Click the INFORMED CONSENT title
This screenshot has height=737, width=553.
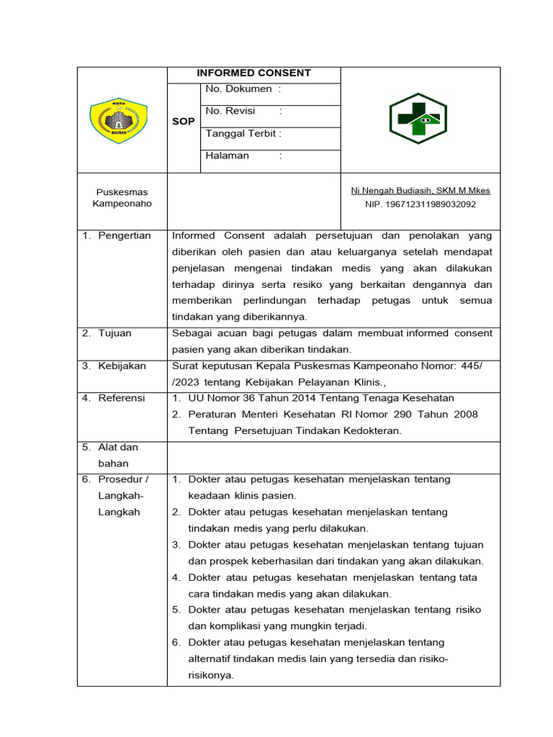click(x=254, y=73)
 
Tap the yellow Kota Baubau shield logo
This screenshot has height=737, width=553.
click(x=119, y=121)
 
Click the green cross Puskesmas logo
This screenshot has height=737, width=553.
click(x=418, y=119)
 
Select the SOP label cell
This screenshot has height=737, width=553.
click(x=184, y=122)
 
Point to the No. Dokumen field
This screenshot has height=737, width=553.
click(x=243, y=89)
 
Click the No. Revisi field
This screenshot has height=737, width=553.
click(x=243, y=112)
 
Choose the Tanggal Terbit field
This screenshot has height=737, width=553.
click(x=243, y=134)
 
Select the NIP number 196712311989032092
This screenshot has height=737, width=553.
click(x=420, y=204)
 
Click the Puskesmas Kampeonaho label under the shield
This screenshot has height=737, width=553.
click(x=122, y=198)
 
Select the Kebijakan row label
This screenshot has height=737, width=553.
click(x=121, y=366)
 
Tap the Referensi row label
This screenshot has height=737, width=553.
click(x=121, y=398)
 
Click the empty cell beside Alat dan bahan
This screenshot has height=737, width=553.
click(x=333, y=457)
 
